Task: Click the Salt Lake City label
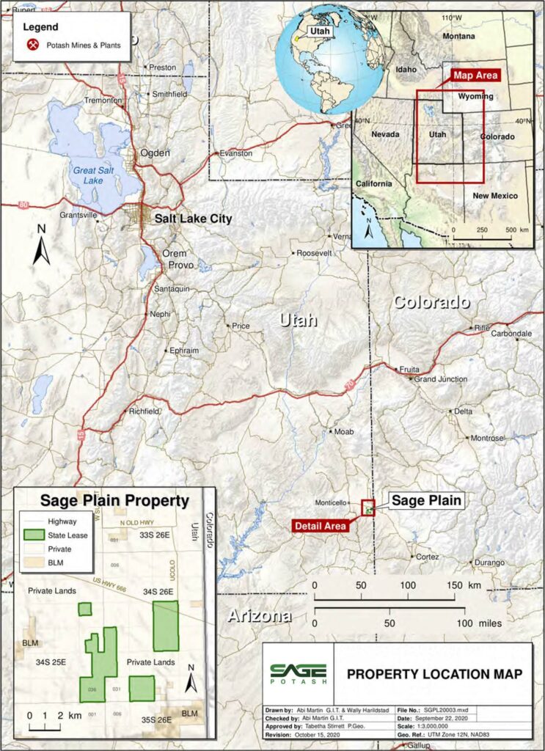pos(192,219)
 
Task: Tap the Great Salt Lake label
pos(91,175)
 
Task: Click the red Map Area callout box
pos(475,76)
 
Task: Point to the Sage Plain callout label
pos(426,501)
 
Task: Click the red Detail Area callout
pos(320,525)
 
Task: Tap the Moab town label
pos(343,432)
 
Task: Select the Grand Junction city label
pos(441,379)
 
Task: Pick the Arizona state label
pos(259,615)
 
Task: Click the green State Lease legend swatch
pos(33,535)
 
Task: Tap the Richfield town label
pos(143,411)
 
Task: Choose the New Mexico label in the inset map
pos(494,196)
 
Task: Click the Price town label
pos(241,326)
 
